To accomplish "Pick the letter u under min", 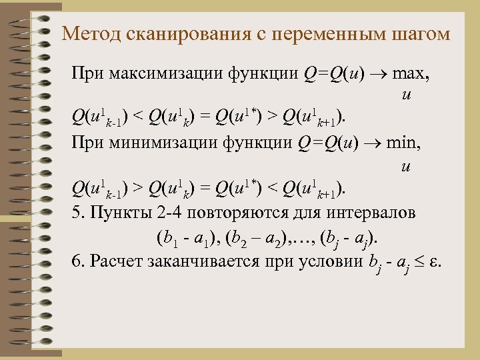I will click(x=405, y=166).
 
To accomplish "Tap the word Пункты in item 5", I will click(x=113, y=214).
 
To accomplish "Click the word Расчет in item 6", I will click(x=114, y=260).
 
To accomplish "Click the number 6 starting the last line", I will click(x=75, y=260).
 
